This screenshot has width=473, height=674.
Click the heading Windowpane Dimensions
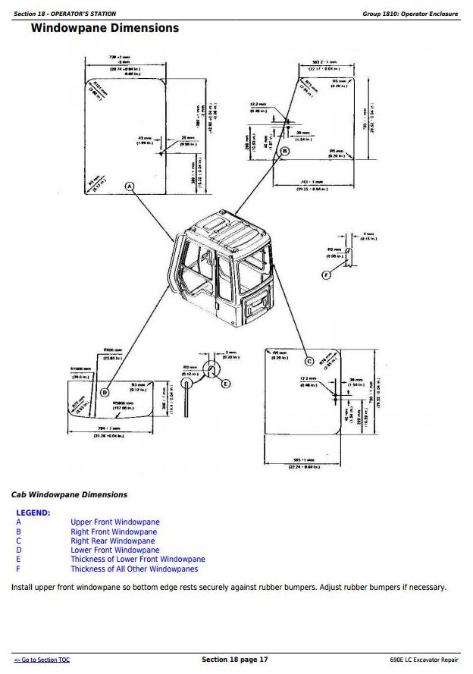105,29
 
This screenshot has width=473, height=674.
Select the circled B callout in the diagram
284,152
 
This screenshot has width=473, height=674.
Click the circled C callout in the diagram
309,361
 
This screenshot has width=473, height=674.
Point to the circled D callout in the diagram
105,392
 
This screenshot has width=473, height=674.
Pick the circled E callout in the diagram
225,384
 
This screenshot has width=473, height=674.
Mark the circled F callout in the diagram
327,274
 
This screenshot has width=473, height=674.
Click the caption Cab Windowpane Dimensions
69,495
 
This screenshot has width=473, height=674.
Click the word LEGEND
33,513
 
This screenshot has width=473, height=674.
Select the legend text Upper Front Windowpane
115,522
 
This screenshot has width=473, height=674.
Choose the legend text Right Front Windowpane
114,531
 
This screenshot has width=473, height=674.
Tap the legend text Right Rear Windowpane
112,541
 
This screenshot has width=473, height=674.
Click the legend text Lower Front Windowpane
115,550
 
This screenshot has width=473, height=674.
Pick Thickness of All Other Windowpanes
134,569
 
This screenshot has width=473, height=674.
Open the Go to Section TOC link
42,660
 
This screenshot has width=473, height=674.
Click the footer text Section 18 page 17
235,660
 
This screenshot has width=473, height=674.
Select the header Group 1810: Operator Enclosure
411,14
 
